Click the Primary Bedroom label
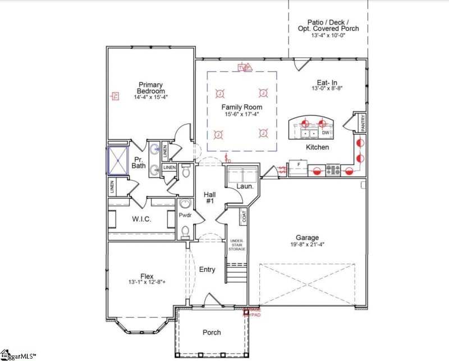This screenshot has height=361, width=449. [x=152, y=88]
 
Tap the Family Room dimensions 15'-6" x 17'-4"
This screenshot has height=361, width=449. [x=241, y=115]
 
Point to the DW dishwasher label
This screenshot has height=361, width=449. [x=325, y=133]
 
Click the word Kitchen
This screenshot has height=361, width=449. [x=317, y=147]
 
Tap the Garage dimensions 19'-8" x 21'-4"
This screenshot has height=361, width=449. [x=308, y=244]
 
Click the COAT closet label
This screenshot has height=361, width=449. [x=244, y=216]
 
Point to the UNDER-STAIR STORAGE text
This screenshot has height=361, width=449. [x=236, y=245]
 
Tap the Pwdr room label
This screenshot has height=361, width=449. [x=185, y=215]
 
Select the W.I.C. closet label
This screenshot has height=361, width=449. [x=141, y=219]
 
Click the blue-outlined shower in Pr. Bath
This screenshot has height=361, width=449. [x=119, y=160]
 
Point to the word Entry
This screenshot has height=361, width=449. [x=207, y=269]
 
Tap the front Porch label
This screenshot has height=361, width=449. [x=212, y=332]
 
